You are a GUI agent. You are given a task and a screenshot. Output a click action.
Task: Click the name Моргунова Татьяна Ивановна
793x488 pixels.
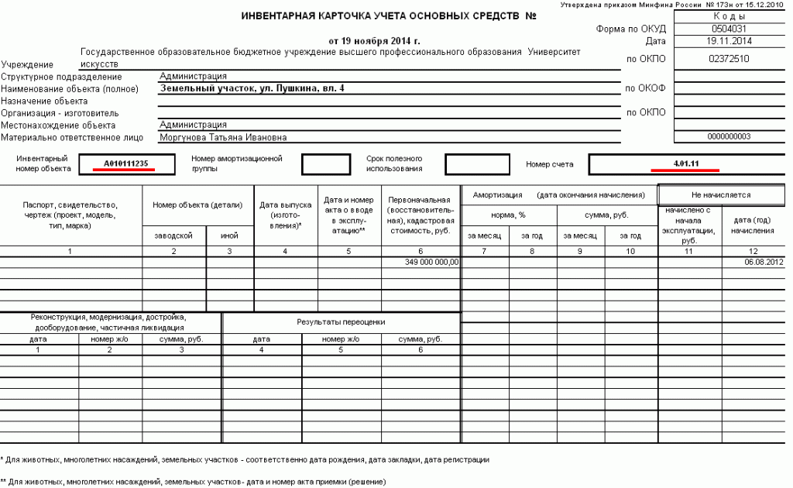(223, 137)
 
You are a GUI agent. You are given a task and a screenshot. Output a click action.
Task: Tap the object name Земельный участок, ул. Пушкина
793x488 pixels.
(252, 88)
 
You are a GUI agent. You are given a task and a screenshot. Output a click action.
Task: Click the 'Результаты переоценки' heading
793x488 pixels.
(341, 321)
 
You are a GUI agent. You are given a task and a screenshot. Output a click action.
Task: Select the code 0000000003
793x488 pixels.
(729, 136)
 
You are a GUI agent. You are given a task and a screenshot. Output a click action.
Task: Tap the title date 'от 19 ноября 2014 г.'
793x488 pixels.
(374, 40)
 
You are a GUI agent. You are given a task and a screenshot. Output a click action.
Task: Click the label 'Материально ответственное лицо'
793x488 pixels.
(73, 138)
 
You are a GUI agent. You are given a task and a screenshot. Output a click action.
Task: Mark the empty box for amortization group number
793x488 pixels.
(325, 164)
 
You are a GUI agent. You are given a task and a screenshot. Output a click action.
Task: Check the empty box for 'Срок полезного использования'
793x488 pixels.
(477, 164)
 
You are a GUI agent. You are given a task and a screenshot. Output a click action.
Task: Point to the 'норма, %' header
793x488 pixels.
(508, 215)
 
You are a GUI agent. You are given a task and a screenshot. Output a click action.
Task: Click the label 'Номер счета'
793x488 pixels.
(550, 164)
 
